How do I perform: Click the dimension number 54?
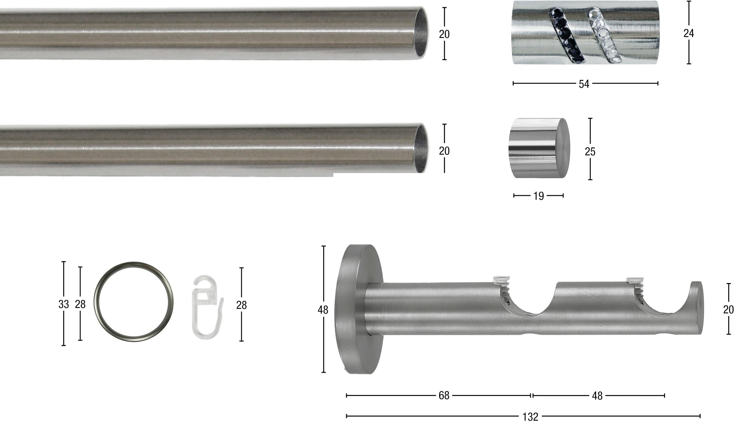coord(584,84)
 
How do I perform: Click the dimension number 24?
coord(688,33)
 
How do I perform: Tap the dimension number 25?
coord(590,151)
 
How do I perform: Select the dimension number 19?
coord(539,196)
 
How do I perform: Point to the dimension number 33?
coord(64,304)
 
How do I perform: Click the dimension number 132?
coord(530,417)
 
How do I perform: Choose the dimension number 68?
coord(444,396)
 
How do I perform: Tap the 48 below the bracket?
coord(597,396)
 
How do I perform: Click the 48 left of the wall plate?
coord(323,310)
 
